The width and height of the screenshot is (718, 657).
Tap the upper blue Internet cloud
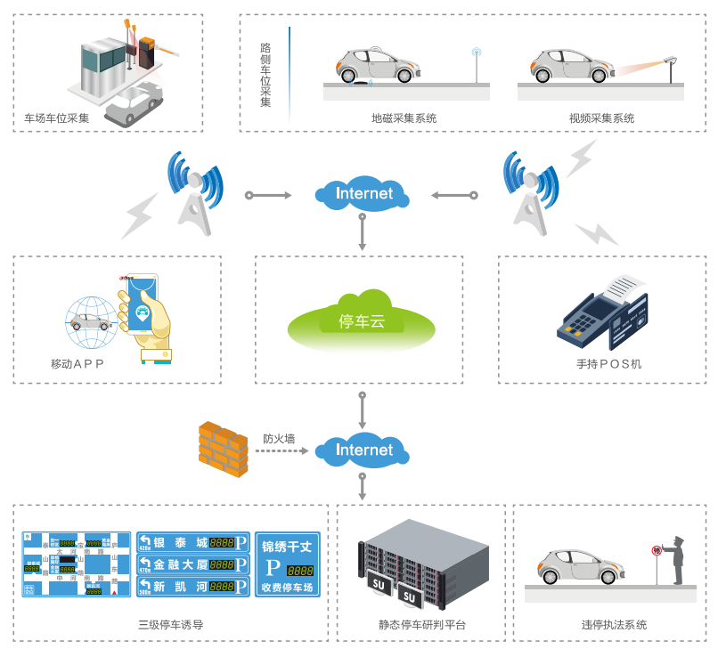pyautogui.click(x=363, y=194)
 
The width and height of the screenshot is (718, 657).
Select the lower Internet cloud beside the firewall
pyautogui.click(x=363, y=450)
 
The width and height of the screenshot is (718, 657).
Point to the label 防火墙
pyautogui.click(x=279, y=439)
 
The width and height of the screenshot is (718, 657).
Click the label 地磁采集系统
pyautogui.click(x=404, y=118)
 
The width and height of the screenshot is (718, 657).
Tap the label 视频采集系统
pyautogui.click(x=601, y=118)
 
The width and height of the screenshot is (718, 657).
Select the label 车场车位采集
pyautogui.click(x=57, y=118)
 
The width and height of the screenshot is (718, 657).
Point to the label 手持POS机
pyautogui.click(x=608, y=364)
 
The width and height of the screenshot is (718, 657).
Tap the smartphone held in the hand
pyautogui.click(x=142, y=303)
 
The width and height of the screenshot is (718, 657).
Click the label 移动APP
pyautogui.click(x=78, y=364)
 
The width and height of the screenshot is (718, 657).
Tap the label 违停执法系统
pyautogui.click(x=614, y=625)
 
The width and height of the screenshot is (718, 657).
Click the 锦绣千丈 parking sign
pyautogui.click(x=287, y=564)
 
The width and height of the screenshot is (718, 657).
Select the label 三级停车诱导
pyautogui.click(x=170, y=625)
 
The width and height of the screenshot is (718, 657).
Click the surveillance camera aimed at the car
pyautogui.click(x=670, y=60)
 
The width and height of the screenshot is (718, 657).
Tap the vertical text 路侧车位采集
pyautogui.click(x=265, y=75)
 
